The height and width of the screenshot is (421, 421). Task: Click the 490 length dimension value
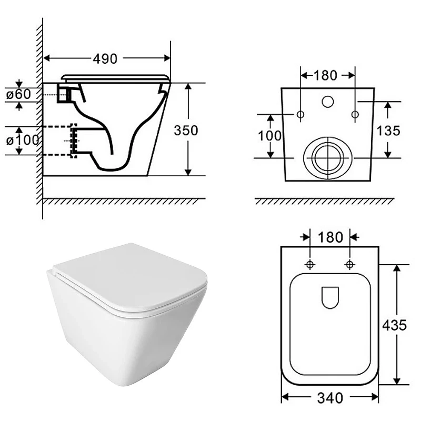tap(105, 59)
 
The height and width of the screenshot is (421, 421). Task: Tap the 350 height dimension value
tap(186, 131)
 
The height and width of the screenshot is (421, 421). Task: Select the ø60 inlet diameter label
tap(18, 94)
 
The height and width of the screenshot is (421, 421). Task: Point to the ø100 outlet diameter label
tap(23, 140)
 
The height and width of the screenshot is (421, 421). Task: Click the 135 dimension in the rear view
tap(388, 131)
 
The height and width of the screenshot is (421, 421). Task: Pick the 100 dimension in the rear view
tap(270, 136)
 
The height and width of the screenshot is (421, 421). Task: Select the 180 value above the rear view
tap(325, 75)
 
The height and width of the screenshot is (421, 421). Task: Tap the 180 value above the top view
tap(330, 237)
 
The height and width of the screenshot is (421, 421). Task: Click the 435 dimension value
tap(394, 325)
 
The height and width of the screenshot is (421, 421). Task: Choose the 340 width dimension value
tap(330, 398)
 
